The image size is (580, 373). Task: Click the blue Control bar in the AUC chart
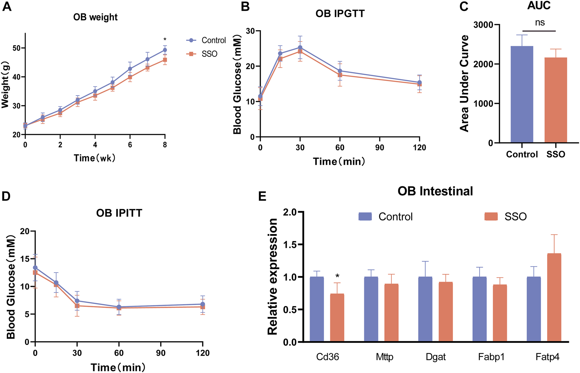click(522, 94)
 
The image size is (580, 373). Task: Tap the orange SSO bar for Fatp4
click(554, 297)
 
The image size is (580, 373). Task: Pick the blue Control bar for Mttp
click(371, 309)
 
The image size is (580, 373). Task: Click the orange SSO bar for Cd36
click(337, 318)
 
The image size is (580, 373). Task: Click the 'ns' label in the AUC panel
click(540, 23)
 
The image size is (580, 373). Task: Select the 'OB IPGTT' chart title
click(340, 14)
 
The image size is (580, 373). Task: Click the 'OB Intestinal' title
click(435, 191)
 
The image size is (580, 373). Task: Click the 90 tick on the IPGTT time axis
click(380, 148)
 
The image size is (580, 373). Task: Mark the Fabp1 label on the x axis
click(491, 357)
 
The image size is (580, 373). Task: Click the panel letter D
click(7, 196)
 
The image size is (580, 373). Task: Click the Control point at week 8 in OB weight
click(165, 50)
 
